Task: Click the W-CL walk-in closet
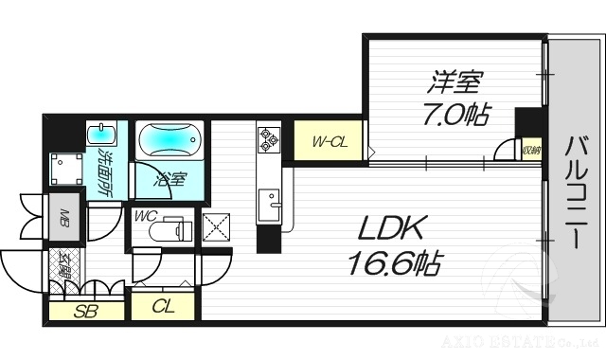click(328, 144)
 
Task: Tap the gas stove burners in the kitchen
click(268, 140)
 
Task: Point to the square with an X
click(217, 227)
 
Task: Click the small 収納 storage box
click(531, 150)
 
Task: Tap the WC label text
click(146, 216)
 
